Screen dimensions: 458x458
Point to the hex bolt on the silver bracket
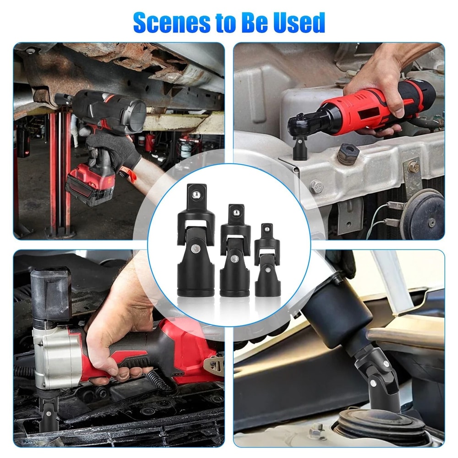[x=316, y=186]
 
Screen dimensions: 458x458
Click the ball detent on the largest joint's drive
[x=196, y=195]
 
